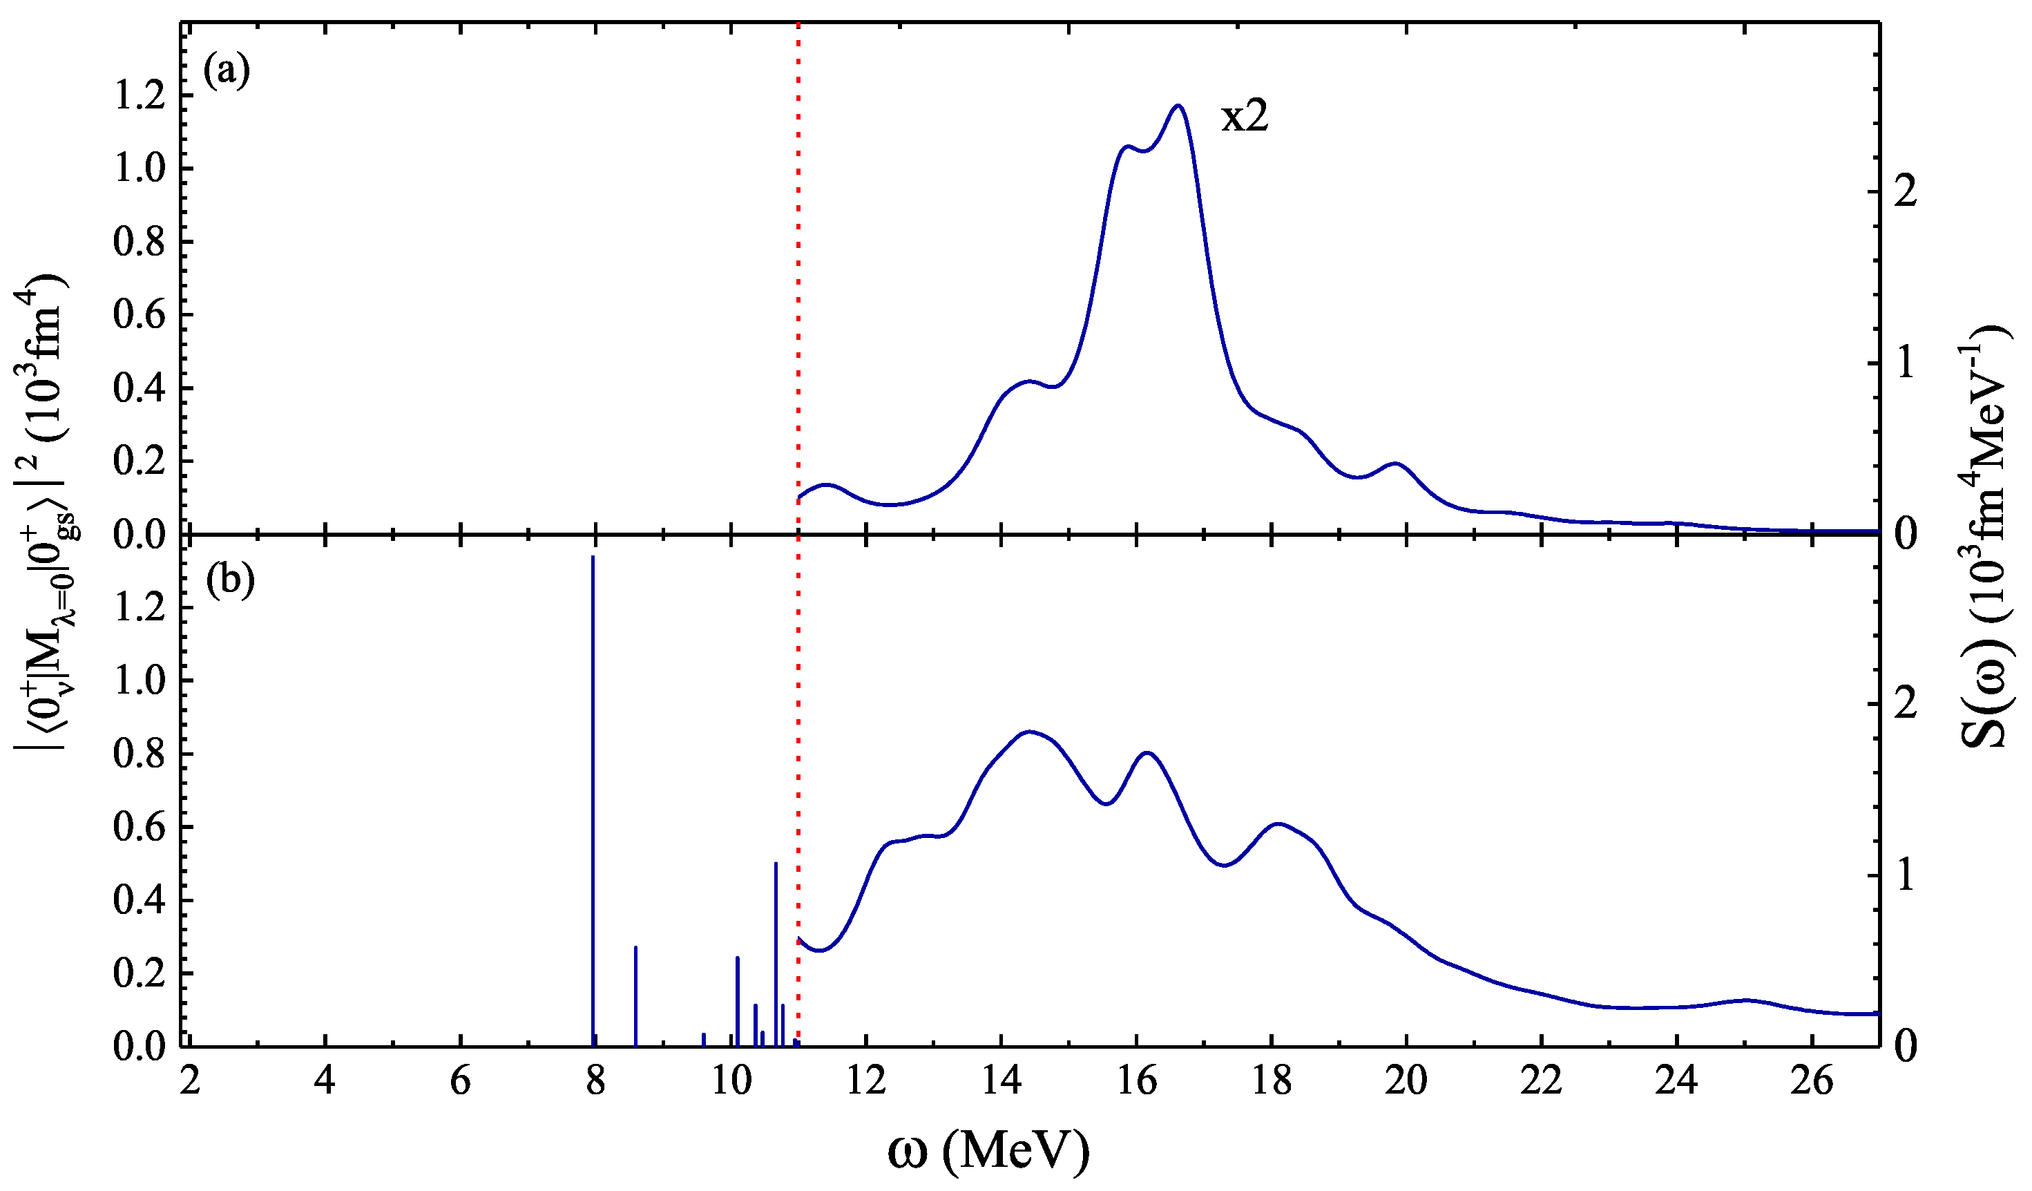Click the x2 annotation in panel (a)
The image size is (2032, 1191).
coord(1244,117)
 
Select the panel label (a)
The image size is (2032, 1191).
coord(227,73)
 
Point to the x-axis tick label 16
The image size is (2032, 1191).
coord(1137,1080)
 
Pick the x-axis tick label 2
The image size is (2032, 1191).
coord(191,1080)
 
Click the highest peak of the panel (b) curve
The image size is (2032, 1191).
coord(1029,732)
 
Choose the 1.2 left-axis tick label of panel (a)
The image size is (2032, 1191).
coord(139,97)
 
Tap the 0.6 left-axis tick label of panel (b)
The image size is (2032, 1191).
coord(139,826)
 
